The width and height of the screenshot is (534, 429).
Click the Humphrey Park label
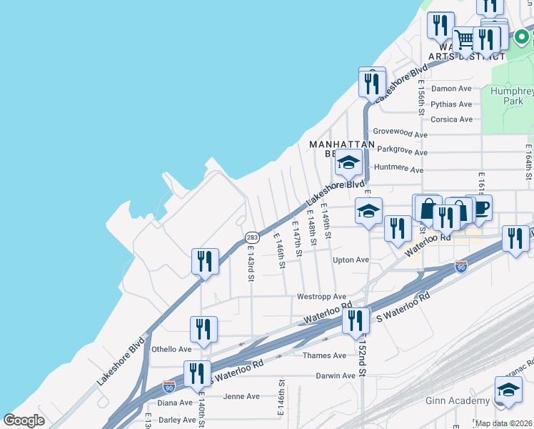512,96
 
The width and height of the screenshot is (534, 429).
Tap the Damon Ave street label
452,89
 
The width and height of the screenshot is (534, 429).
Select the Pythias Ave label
452,104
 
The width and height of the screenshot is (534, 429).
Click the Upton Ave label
351,260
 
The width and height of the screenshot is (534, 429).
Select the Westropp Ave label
321,297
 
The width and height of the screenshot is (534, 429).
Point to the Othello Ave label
171,350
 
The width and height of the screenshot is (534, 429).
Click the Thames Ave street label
324,355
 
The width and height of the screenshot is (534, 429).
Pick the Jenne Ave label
241,396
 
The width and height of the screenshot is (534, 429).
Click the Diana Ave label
175,403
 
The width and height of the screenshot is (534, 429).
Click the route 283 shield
251,237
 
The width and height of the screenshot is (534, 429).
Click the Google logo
24,420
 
